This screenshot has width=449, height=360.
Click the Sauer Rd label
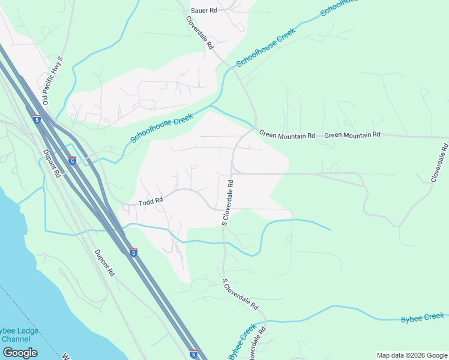click(203, 10)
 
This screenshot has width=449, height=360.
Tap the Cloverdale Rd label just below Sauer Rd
click(200, 32)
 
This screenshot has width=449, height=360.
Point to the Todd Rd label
click(151, 203)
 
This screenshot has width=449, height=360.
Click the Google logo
click(20, 353)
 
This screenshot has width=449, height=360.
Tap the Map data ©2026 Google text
click(411, 355)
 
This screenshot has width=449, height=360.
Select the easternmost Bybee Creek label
click(423, 317)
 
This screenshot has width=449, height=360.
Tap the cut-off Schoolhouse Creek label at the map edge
click(339, 8)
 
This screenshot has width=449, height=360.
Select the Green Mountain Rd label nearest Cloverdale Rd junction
click(287, 136)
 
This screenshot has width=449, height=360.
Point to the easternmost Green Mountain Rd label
click(352, 135)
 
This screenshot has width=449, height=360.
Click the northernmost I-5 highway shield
click(37, 119)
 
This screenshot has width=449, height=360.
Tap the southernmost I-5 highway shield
click(193, 354)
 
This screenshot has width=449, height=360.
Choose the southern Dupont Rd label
click(104, 263)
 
